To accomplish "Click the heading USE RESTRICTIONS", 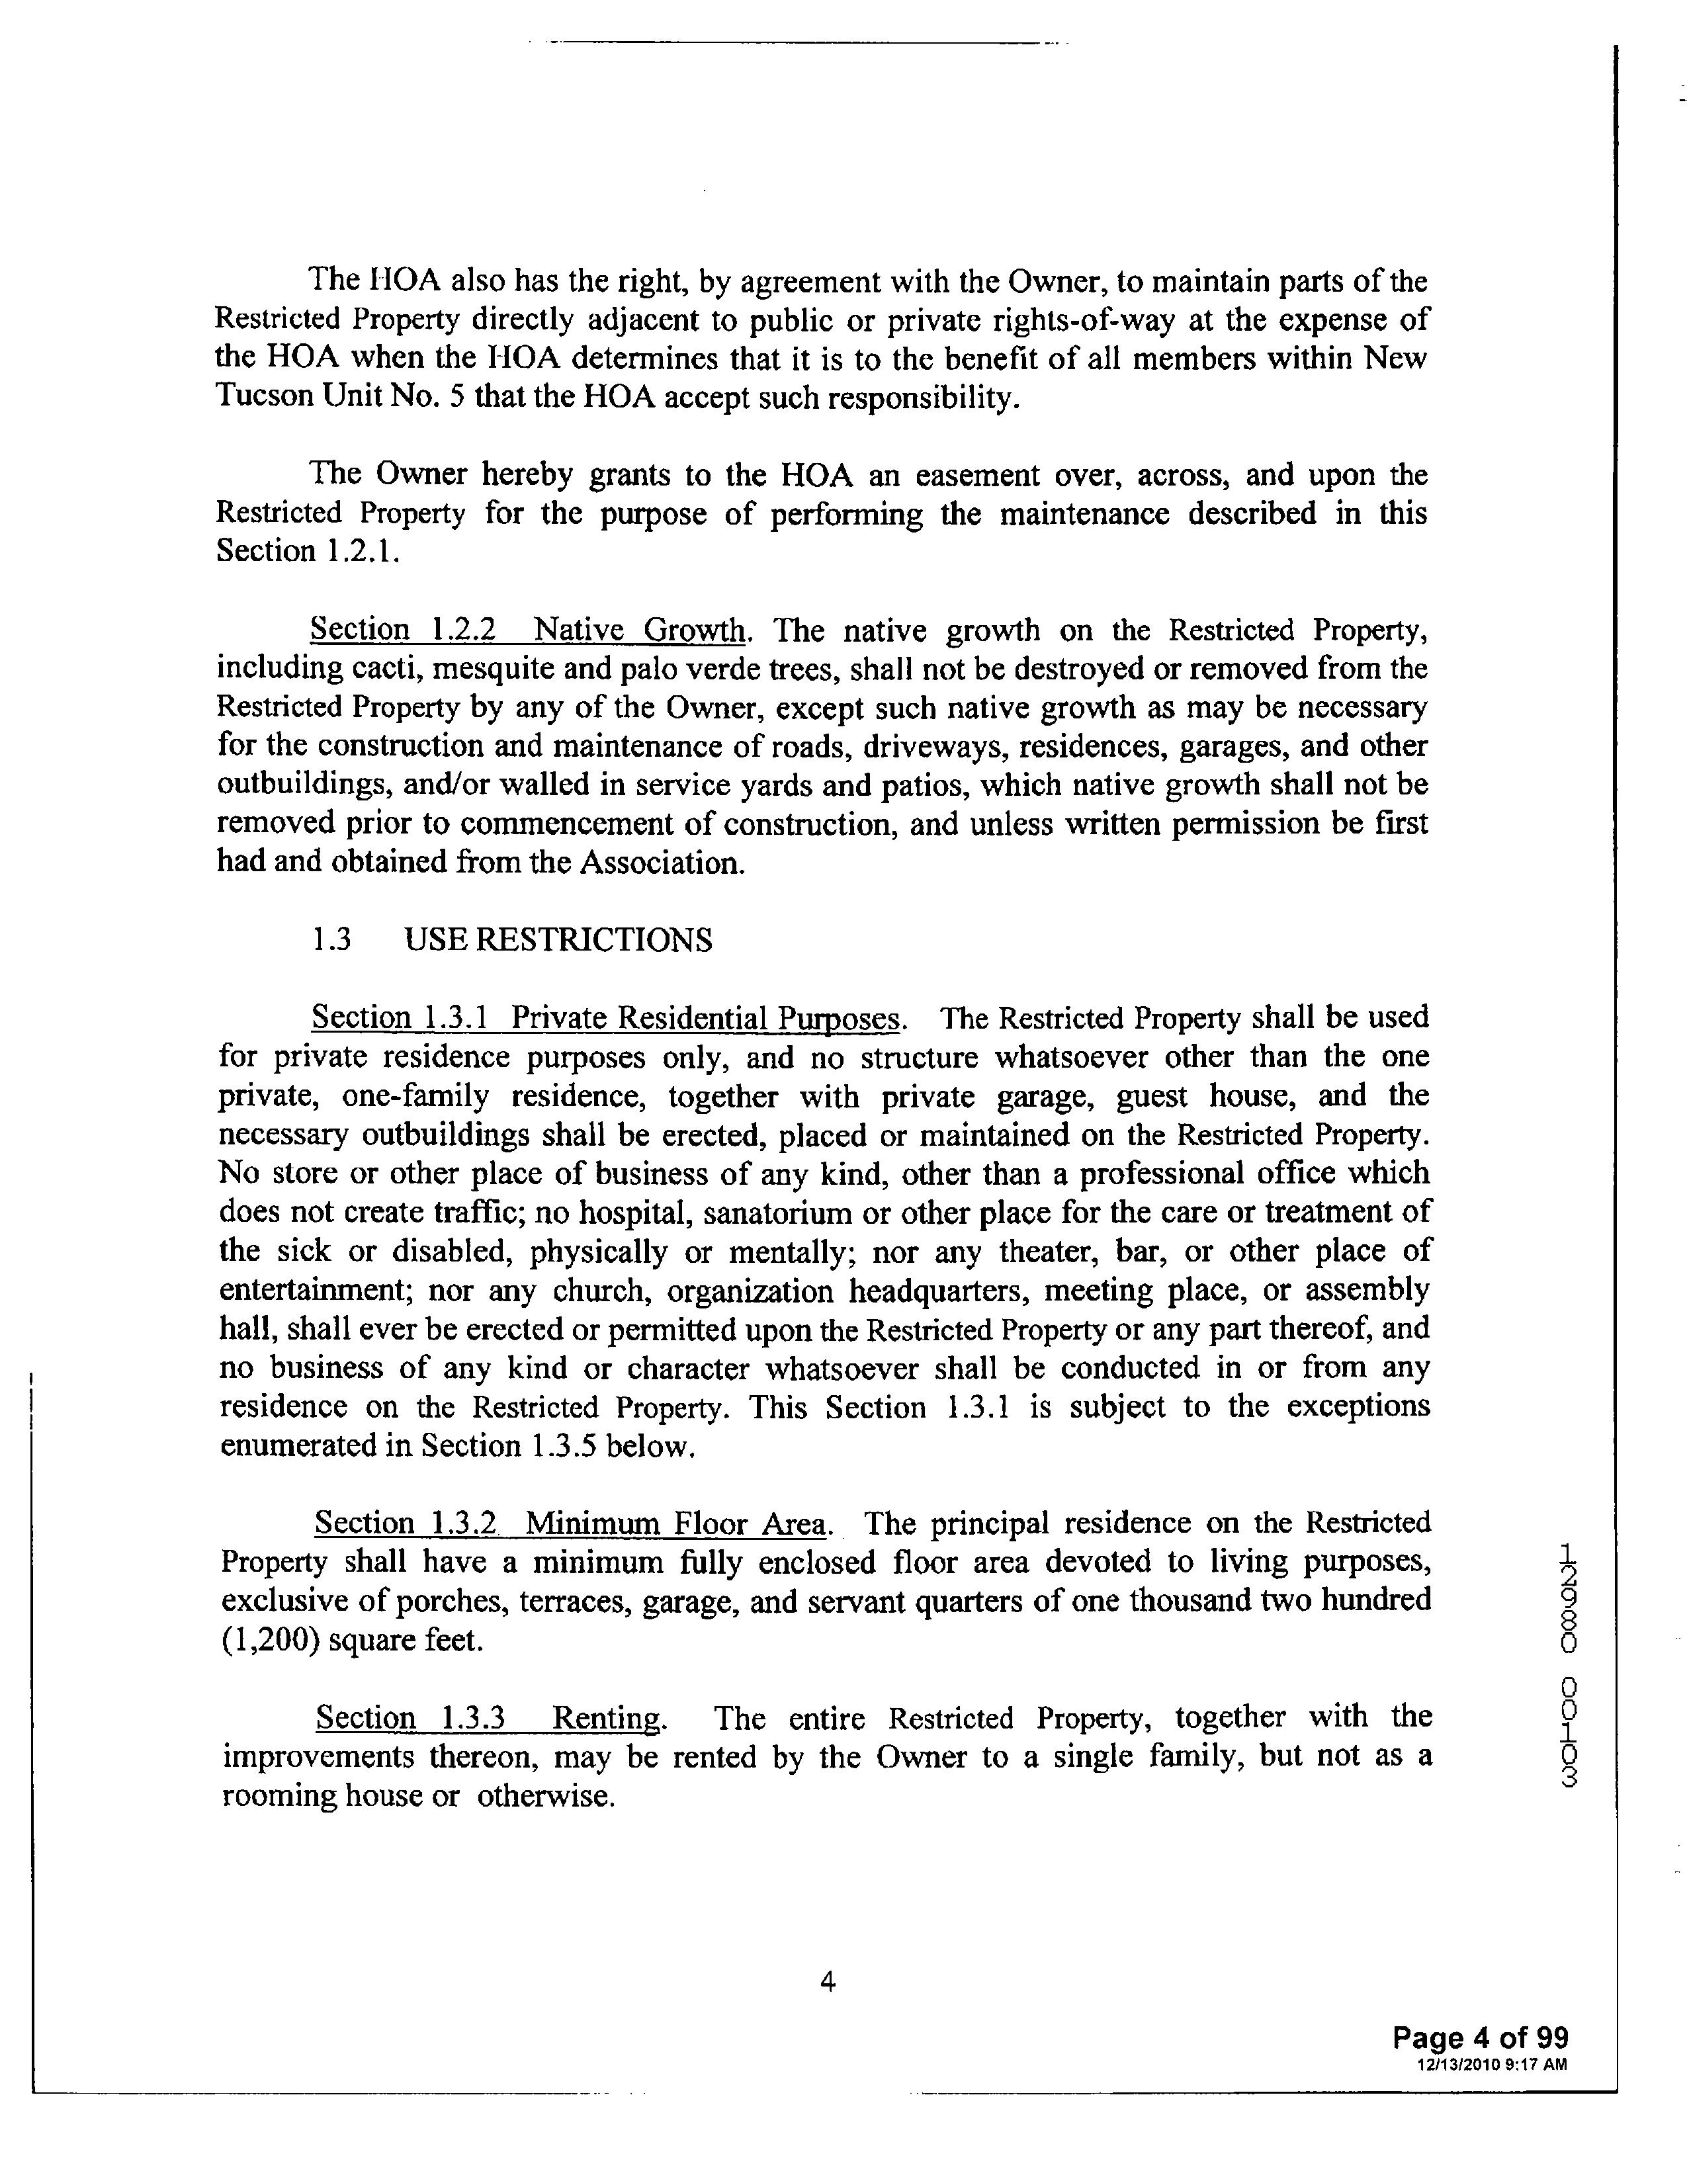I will pyautogui.click(x=558, y=941).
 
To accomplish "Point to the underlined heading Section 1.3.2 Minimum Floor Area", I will pyautogui.click(x=571, y=1523).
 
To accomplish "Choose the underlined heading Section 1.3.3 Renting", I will pyautogui.click(x=489, y=1717).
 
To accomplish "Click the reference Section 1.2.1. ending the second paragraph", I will pyautogui.click(x=308, y=552).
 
